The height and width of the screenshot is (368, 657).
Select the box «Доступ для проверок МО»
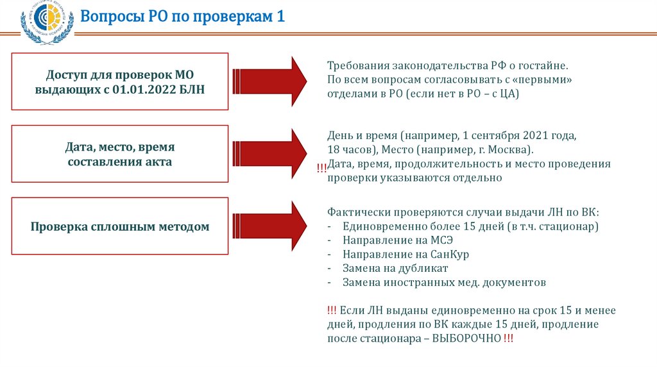click(x=121, y=81)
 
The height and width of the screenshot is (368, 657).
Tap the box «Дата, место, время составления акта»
click(x=121, y=154)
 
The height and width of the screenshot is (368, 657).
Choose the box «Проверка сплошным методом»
click(x=121, y=226)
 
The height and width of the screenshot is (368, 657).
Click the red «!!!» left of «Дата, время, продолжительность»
click(x=321, y=168)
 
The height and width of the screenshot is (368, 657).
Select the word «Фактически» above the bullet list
click(x=355, y=212)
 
